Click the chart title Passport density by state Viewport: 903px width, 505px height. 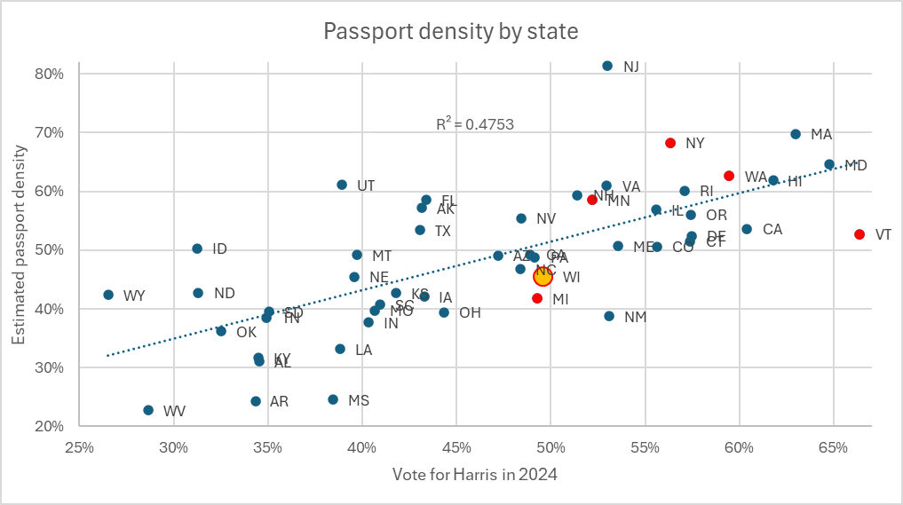pos(450,32)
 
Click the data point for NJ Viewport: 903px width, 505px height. pos(607,66)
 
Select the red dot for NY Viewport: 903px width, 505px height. pos(670,143)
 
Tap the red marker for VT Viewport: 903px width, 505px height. pos(859,234)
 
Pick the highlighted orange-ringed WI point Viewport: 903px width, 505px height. pos(543,277)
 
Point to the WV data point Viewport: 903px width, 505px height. pos(148,410)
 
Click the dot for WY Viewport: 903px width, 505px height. pos(108,295)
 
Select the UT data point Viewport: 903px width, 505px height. pos(342,185)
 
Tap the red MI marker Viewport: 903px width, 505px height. pos(537,298)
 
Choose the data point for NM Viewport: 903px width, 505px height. pos(609,316)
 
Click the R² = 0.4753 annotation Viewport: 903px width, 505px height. pos(474,125)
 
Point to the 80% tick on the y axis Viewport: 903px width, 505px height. pos(50,74)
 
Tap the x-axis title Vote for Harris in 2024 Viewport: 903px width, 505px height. pos(474,475)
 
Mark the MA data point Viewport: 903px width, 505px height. pos(796,134)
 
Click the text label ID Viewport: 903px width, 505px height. pos(219,249)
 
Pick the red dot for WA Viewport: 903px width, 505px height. pos(729,176)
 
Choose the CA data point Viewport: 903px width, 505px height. pos(747,229)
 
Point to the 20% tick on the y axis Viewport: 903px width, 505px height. pos(50,426)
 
